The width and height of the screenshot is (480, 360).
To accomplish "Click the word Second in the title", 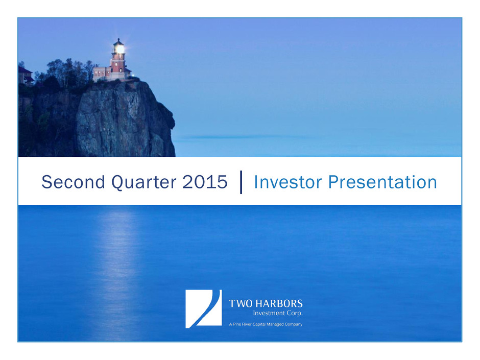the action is [x=74, y=182].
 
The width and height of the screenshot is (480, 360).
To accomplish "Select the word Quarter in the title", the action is [x=144, y=183].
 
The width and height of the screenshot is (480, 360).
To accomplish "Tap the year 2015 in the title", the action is [x=205, y=182].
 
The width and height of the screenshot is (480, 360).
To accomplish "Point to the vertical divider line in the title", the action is [x=241, y=182].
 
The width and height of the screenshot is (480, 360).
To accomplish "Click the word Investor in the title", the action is [x=288, y=182].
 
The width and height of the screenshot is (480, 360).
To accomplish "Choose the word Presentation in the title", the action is [x=382, y=182].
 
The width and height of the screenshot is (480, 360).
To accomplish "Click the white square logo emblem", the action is [x=204, y=309].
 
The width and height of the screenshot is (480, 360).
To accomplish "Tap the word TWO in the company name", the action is [x=241, y=303].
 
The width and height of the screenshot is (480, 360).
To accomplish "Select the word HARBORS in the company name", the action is [x=279, y=303].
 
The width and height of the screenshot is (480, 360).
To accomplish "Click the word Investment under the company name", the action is [x=269, y=313].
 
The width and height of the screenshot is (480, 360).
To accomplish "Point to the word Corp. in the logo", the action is [x=295, y=314].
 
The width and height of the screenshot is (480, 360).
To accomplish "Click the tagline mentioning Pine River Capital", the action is [x=266, y=324].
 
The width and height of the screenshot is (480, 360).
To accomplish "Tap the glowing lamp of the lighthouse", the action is [x=119, y=49].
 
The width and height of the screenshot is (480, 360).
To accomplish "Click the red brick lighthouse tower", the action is [x=118, y=63].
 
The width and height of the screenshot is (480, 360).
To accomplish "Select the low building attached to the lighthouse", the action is [x=102, y=74].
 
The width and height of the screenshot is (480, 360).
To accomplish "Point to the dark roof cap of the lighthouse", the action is [x=118, y=42].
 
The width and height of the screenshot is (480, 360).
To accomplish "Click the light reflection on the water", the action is [x=118, y=270].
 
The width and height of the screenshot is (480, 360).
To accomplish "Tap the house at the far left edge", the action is [x=26, y=76].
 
